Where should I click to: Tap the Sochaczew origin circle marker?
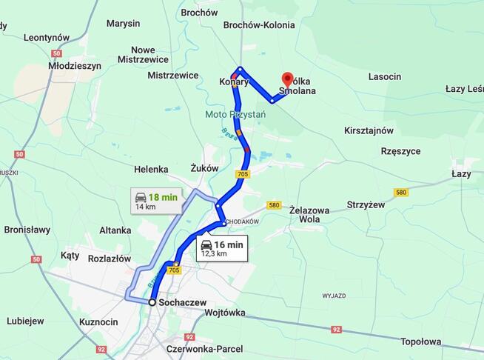pos(152,302)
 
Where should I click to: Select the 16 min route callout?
pos(222,248)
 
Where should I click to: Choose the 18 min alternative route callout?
pos(155,201)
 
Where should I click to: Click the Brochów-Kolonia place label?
pos(259,25)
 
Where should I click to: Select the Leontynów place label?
pos(47,38)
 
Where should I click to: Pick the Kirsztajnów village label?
pos(368,130)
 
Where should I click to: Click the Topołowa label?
pos(420,341)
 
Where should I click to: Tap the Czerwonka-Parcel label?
pos(205,349)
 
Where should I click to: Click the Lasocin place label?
pos(385,77)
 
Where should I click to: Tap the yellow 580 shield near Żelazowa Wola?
pos(274,205)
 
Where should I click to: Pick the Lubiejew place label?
pos(25,321)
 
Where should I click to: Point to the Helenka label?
pos(152,170)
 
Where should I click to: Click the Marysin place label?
pos(123,24)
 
